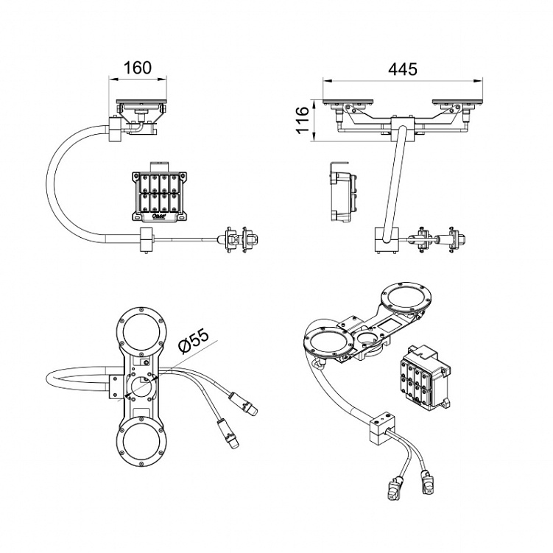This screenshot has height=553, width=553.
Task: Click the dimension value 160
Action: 138,68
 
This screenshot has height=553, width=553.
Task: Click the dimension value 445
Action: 402,68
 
